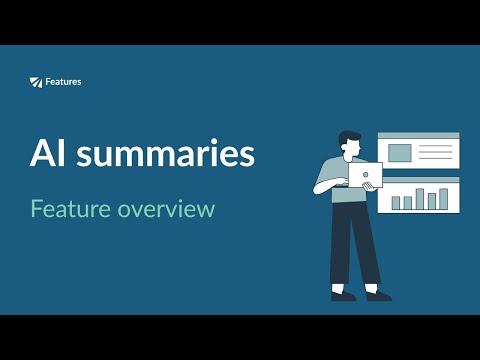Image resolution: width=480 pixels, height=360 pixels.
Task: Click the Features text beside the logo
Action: click(x=63, y=81)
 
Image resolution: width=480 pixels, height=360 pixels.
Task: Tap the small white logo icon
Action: click(x=37, y=81)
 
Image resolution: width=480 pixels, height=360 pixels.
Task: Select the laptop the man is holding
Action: click(x=365, y=177)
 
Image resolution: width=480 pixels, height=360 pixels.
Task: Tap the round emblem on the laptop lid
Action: click(x=366, y=176)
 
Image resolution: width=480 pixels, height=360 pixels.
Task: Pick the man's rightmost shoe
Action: click(x=378, y=295)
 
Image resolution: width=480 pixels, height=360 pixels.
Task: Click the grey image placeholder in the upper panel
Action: click(x=399, y=153)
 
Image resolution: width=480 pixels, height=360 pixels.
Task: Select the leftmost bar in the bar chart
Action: click(x=396, y=203)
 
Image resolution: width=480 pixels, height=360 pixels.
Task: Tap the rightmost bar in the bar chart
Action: click(x=444, y=197)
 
